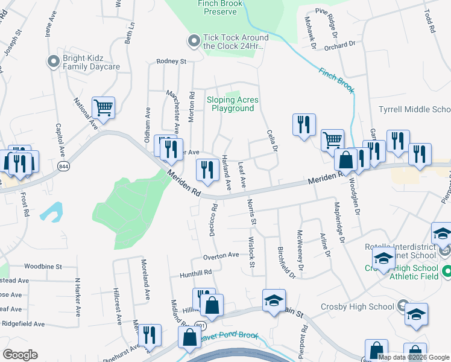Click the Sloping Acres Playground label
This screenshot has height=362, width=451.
click(x=233, y=104)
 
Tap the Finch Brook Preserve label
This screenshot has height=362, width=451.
click(x=219, y=7)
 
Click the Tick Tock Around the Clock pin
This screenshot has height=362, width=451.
click(x=194, y=41)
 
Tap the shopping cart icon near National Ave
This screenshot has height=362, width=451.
click(x=104, y=109)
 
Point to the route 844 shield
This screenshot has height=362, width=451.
click(x=63, y=165)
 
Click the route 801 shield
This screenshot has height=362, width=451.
click(x=191, y=325)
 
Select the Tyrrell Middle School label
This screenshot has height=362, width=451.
click(x=414, y=109)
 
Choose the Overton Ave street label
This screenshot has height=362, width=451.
click(x=221, y=256)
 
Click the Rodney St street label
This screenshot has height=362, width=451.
click(x=171, y=61)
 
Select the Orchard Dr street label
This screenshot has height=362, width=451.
click(x=339, y=45)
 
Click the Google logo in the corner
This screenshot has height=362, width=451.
click(x=20, y=354)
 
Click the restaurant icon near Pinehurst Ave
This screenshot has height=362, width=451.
click(x=151, y=335)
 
